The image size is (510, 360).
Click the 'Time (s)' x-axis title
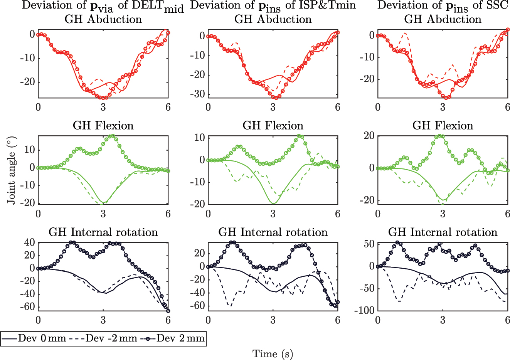tap(273, 354)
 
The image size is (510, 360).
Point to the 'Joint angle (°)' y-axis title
tap(11, 178)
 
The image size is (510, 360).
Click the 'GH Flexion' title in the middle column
tap(273, 126)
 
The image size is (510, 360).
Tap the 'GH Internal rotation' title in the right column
tap(443, 232)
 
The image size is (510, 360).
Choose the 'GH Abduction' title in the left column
tap(103, 19)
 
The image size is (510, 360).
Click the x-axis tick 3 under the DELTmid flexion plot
tap(103, 214)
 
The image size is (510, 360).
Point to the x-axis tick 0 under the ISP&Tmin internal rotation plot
tap(208, 320)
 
